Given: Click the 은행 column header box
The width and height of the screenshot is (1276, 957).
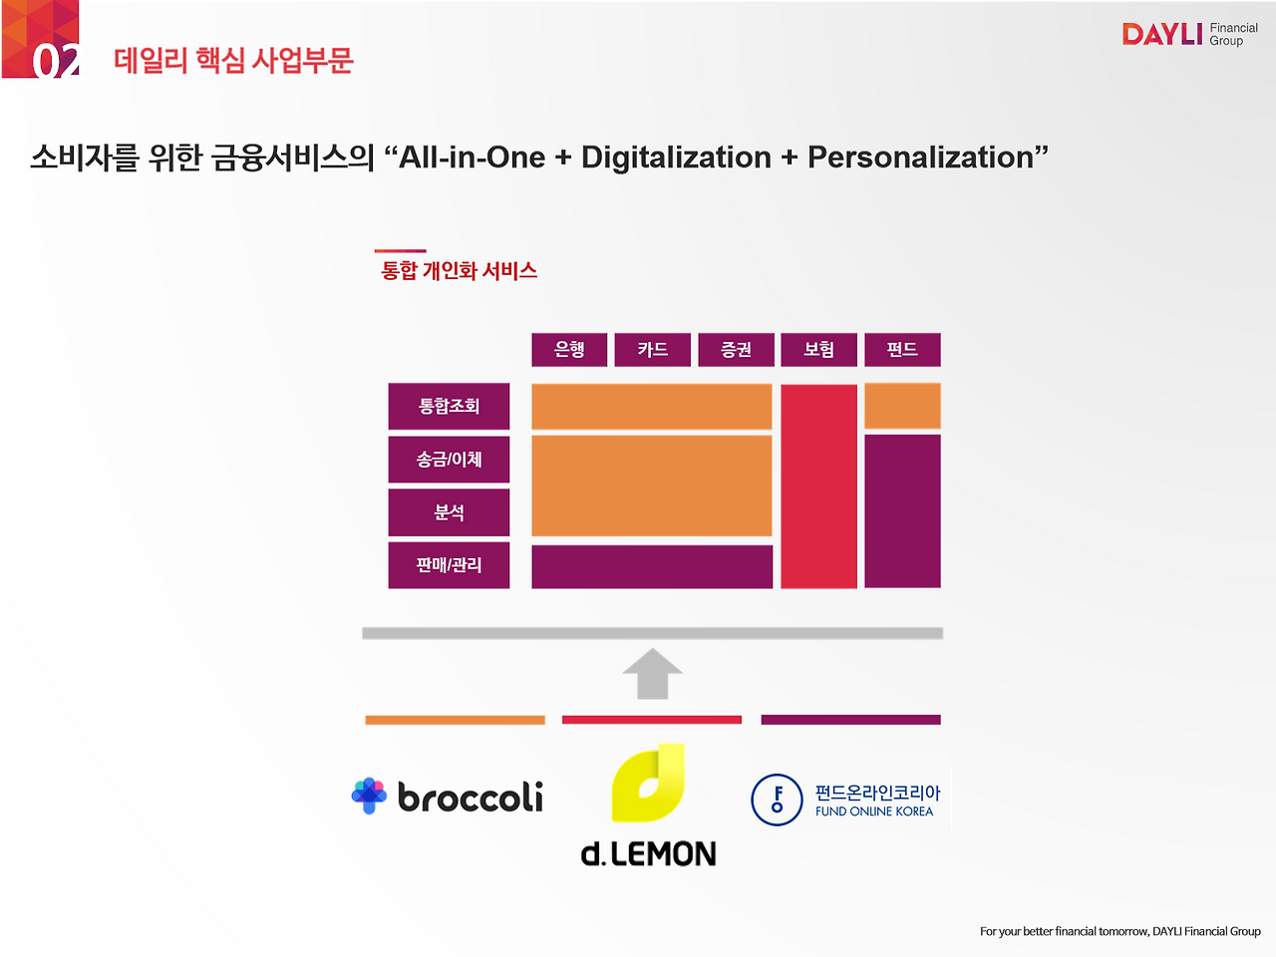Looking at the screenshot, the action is tap(569, 350).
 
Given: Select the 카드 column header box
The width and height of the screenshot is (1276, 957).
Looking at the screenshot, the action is tap(652, 350).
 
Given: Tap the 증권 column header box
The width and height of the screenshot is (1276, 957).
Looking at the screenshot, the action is tap(736, 350).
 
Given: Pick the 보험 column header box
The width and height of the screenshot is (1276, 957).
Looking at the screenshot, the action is tap(818, 350).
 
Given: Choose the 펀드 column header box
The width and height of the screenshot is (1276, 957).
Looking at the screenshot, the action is tap(902, 350).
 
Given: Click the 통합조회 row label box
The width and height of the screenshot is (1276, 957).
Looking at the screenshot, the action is tap(449, 406).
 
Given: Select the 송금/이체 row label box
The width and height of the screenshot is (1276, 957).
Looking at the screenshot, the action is tap(449, 460).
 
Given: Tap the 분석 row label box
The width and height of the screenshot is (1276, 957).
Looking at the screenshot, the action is tap(449, 512).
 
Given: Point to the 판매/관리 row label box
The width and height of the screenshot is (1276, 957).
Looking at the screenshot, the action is tap(449, 565).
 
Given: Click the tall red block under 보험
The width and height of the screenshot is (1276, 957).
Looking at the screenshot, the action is tap(818, 486).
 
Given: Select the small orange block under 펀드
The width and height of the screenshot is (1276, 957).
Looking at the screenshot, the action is tap(902, 406).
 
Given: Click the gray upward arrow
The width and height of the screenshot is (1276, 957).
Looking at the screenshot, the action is tap(652, 674).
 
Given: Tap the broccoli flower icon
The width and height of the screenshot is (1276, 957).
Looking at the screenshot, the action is tap(369, 796).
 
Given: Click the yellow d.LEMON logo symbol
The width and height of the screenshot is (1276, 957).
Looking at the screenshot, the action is tap(648, 784).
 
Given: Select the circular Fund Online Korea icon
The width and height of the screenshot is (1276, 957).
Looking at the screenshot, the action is tap(777, 799).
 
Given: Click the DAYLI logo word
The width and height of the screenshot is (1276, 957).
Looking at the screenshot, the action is tap(1162, 34).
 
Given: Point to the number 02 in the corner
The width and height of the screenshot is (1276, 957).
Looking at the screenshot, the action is tap(55, 61).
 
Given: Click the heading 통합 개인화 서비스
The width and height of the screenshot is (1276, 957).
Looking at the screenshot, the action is tap(459, 271).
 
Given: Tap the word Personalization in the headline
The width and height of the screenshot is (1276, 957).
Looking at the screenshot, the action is tap(921, 158).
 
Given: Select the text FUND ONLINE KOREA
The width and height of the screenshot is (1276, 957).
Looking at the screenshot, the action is tap(873, 811).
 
